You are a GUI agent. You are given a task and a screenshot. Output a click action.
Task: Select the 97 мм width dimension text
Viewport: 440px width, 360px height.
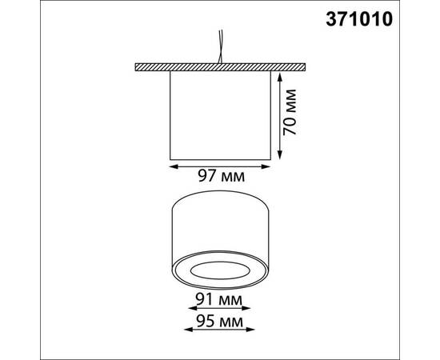tap(220, 174)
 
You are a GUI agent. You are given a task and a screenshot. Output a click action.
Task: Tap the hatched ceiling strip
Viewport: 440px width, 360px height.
tap(220, 65)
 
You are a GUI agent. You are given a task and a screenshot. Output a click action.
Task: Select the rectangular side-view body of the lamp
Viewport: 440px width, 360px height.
tap(220, 114)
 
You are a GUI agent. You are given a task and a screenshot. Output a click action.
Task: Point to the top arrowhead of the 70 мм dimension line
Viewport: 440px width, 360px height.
tap(279, 74)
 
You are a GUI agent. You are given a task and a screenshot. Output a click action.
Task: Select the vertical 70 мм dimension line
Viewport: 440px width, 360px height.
tap(279, 114)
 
